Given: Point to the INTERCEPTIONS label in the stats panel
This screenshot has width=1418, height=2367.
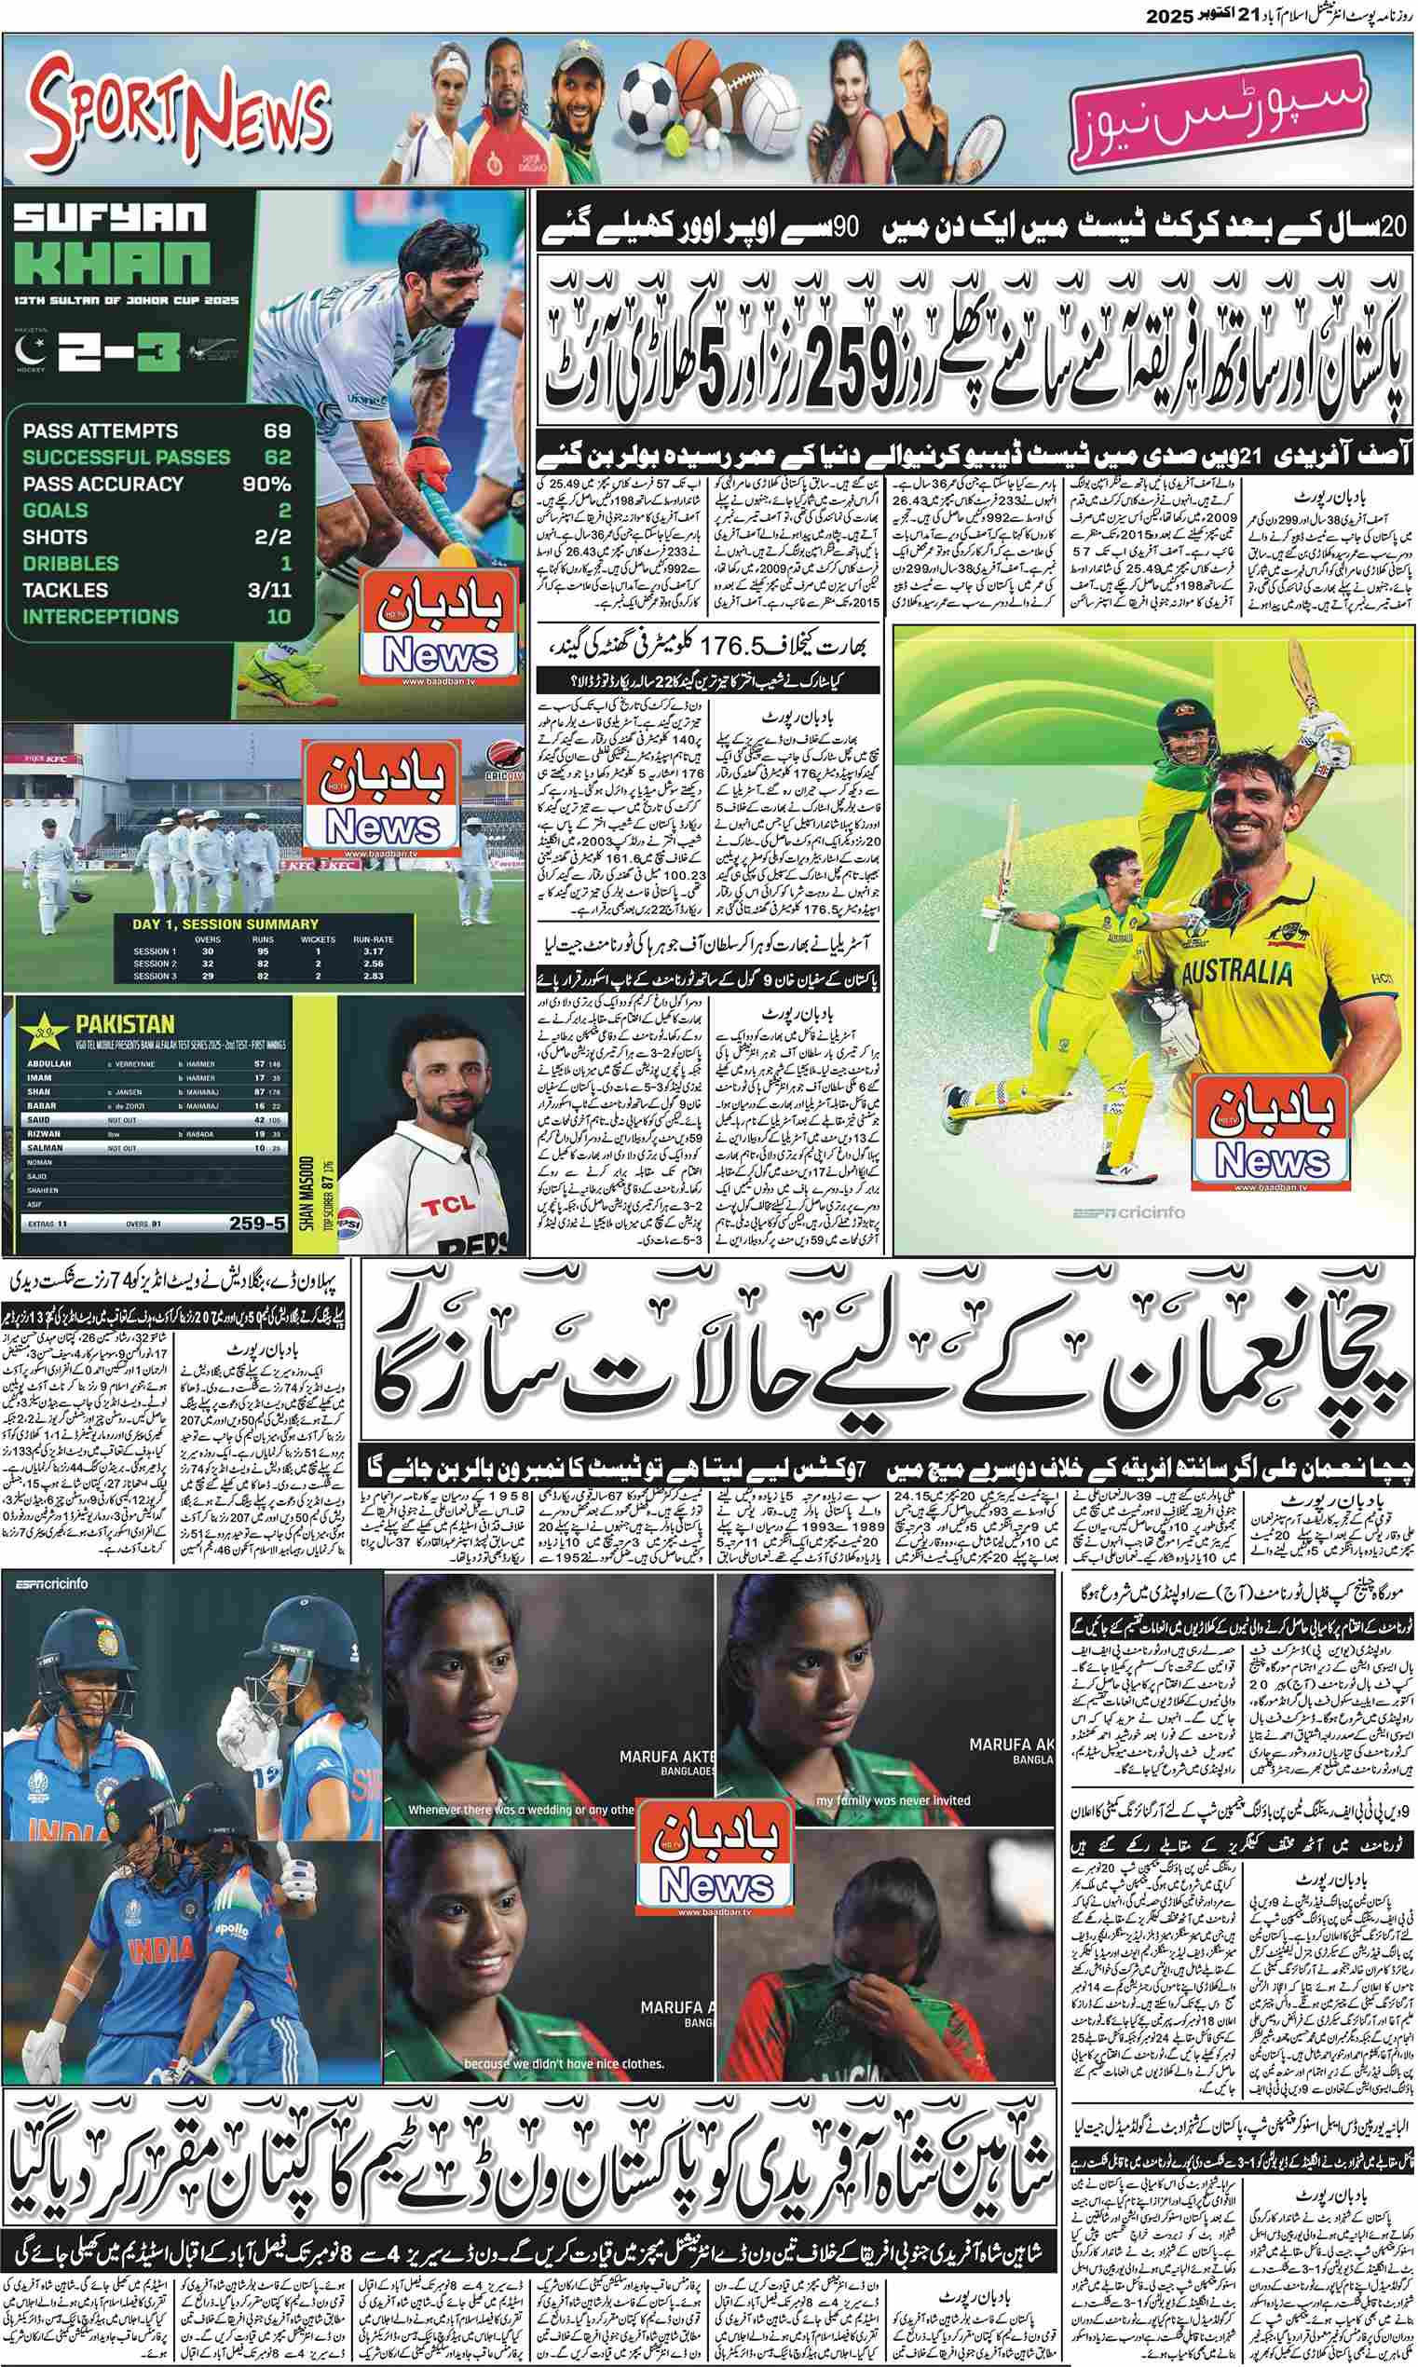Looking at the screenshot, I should [x=101, y=616].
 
